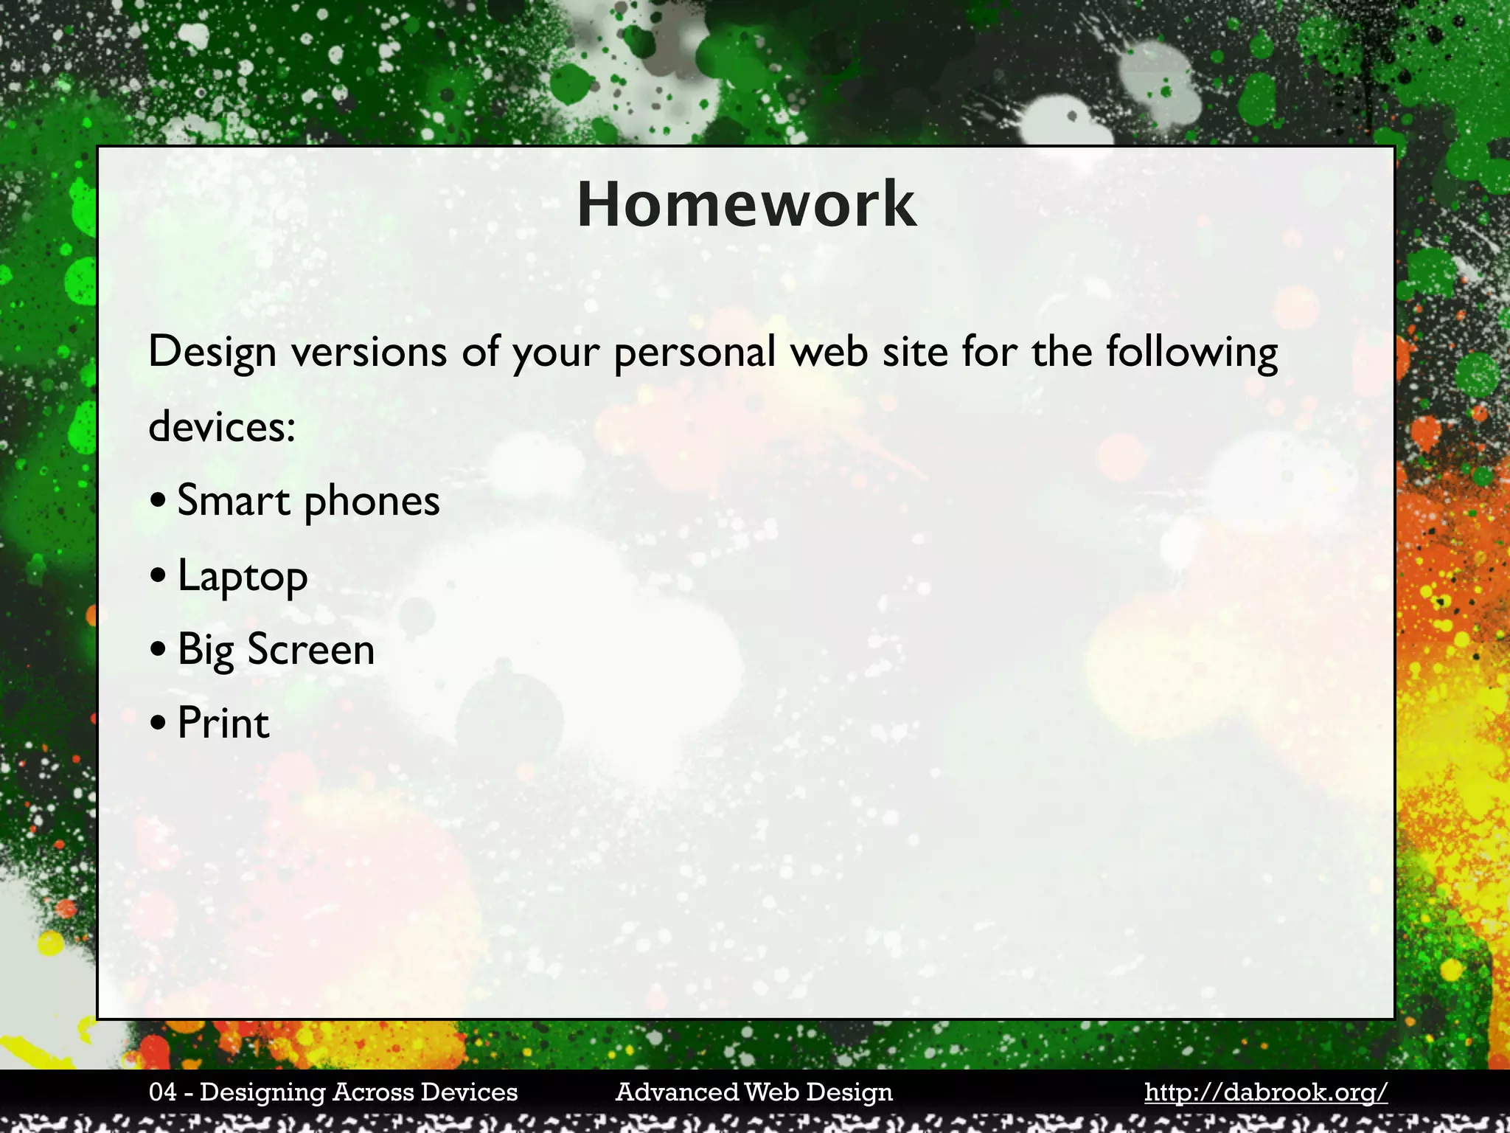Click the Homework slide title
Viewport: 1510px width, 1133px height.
746,204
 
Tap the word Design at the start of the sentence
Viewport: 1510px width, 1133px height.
212,352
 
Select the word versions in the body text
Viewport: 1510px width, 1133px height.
369,352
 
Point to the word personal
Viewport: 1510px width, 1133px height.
694,352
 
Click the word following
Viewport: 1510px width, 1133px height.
1191,352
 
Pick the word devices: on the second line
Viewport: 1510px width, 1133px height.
222,426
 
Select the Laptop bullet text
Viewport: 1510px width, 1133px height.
243,577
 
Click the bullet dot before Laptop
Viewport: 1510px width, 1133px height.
158,577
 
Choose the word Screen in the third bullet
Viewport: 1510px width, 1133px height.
310,650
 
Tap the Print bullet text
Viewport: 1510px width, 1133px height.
223,723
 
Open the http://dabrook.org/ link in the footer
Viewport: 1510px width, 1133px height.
1265,1092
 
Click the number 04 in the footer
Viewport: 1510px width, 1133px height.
162,1092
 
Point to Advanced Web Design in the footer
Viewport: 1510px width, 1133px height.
754,1092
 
